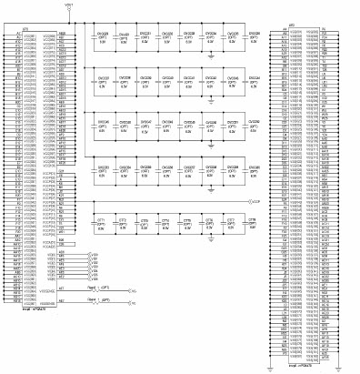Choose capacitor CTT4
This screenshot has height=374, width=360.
(x=165, y=222)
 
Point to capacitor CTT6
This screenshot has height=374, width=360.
(x=207, y=222)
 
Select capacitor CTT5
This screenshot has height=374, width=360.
(x=186, y=222)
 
